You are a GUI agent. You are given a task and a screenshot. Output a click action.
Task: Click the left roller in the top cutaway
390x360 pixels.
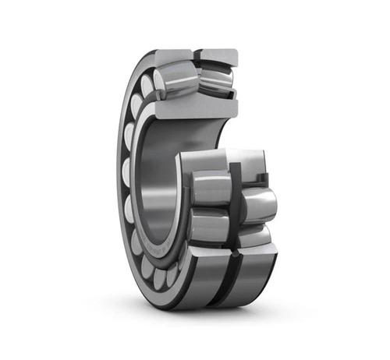pos(174,81)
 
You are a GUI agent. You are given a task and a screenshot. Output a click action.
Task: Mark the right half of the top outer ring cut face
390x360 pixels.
pos(217,55)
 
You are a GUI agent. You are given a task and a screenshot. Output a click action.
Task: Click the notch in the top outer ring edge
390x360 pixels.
pos(195,55)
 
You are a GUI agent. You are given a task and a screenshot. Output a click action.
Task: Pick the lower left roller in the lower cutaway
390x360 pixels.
pos(209,226)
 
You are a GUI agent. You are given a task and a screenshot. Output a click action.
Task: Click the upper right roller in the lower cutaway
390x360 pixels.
pos(257,205)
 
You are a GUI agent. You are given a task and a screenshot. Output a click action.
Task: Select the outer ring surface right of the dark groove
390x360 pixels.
pos(253,273)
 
